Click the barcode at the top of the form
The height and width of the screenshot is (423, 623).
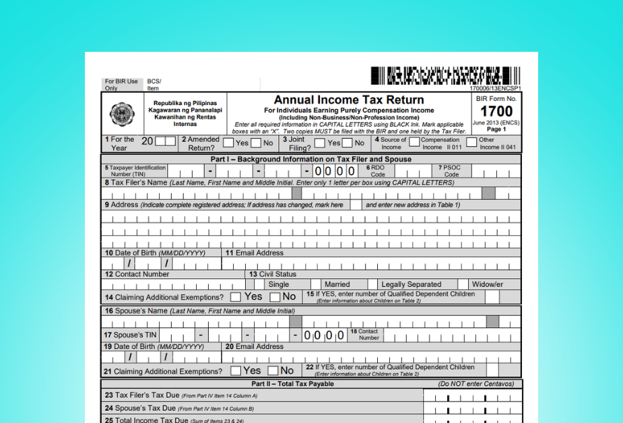pyautogui.click(x=445, y=75)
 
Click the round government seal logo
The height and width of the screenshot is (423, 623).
pyautogui.click(x=122, y=115)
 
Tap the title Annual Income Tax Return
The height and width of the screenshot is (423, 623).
pyautogui.click(x=349, y=100)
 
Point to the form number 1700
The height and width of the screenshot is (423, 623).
pyautogui.click(x=496, y=112)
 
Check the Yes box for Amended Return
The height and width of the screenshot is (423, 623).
pyautogui.click(x=228, y=143)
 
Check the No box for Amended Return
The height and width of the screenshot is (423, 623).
pyautogui.click(x=256, y=143)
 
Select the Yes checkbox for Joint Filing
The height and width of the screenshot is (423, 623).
pyautogui.click(x=319, y=143)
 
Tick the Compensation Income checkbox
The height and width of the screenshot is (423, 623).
pyautogui.click(x=414, y=142)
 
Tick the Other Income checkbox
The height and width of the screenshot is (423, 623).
pyautogui.click(x=471, y=142)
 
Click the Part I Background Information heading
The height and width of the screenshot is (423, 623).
pyautogui.click(x=310, y=160)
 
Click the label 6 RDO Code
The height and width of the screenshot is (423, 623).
pyautogui.click(x=377, y=170)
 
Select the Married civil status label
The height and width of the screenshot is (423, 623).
pyautogui.click(x=337, y=285)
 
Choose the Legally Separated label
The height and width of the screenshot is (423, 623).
pyautogui.click(x=411, y=285)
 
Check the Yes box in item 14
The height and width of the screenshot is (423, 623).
pyautogui.click(x=236, y=297)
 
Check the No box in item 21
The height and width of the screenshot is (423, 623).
pyautogui.click(x=273, y=370)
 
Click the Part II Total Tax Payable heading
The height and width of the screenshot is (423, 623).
pyautogui.click(x=292, y=384)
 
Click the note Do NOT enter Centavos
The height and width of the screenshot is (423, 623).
pyautogui.click(x=476, y=384)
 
